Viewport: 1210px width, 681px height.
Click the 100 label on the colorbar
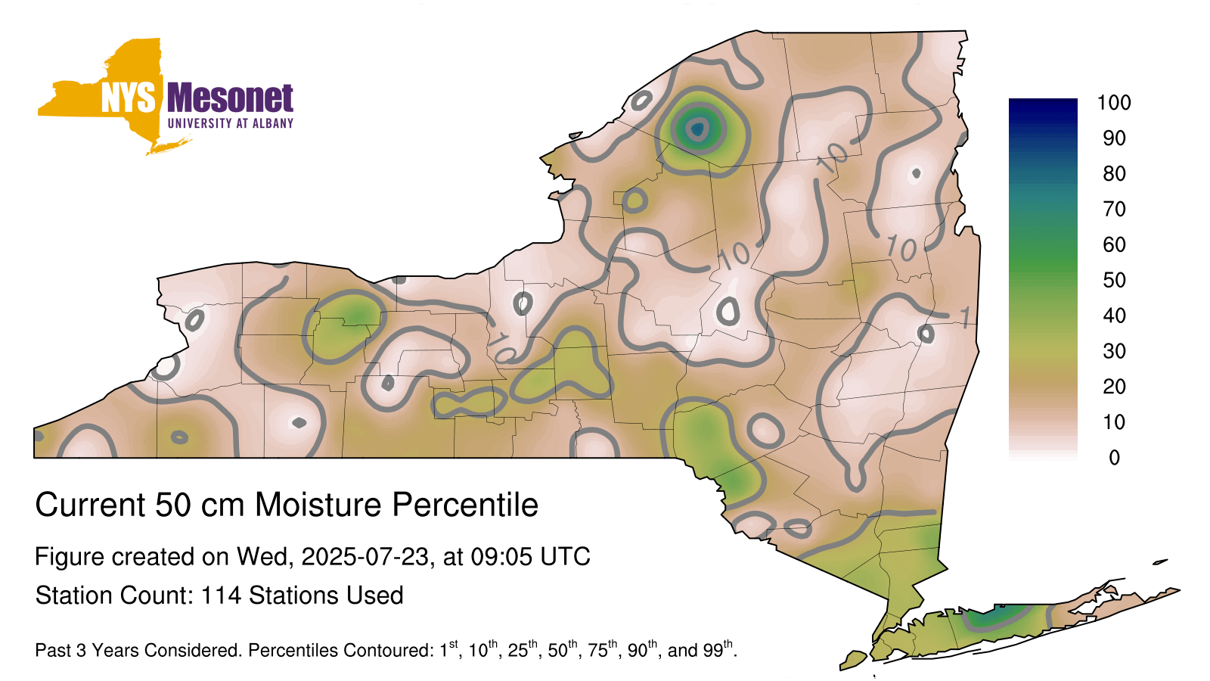point(1114,103)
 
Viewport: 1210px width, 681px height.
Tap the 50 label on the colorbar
point(1114,280)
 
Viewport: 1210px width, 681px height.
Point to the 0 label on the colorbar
point(1114,458)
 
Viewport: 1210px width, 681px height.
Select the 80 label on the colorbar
point(1114,173)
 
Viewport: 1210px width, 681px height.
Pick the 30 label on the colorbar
point(1114,351)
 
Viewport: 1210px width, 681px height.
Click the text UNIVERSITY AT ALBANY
point(231,123)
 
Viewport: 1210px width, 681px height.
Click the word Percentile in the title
point(465,505)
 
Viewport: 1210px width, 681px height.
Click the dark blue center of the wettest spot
point(697,129)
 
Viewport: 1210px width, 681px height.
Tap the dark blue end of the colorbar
point(1043,106)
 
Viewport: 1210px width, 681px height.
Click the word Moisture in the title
point(318,505)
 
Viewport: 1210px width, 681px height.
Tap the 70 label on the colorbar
point(1114,209)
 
